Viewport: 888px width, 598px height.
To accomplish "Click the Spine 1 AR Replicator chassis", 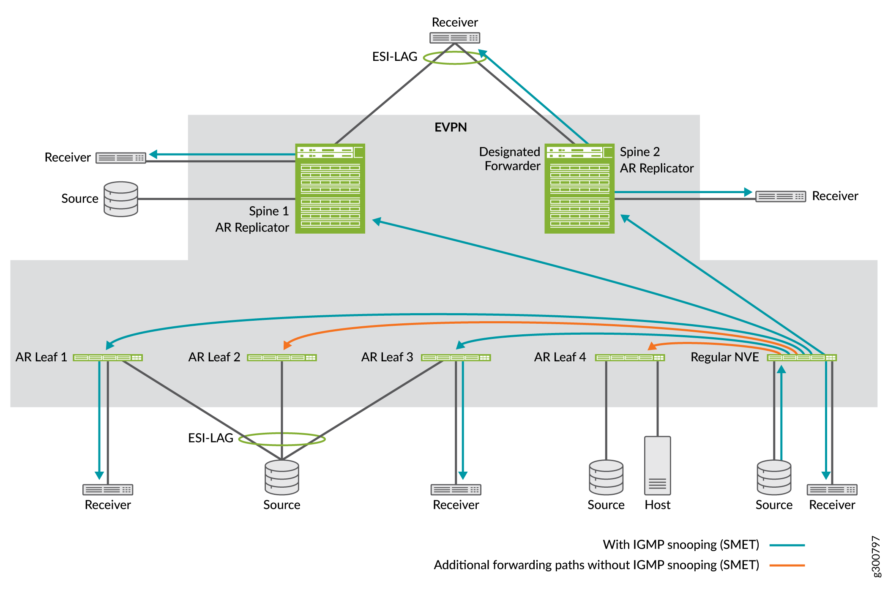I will [x=330, y=188].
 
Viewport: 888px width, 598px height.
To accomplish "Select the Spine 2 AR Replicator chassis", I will [x=579, y=188].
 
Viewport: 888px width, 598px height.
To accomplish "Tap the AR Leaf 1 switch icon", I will [x=108, y=358].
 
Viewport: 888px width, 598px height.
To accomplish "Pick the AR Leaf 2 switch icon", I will [x=281, y=358].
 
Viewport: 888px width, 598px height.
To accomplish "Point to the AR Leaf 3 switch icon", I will [x=456, y=358].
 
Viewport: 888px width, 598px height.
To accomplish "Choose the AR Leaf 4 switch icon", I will [x=630, y=358].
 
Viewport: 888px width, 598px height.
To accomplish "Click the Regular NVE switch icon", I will [x=802, y=358].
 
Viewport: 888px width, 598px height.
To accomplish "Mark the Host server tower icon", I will [x=657, y=465].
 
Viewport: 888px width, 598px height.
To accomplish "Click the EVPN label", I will [x=451, y=128].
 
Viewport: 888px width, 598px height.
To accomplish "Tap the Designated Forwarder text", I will [x=510, y=159].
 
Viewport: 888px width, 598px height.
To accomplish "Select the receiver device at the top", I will [x=455, y=38].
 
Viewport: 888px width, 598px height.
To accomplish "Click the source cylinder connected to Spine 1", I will [x=121, y=199].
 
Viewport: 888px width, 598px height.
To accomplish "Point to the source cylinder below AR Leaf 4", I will [x=606, y=477].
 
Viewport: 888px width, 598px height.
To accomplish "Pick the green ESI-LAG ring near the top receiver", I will [x=455, y=58].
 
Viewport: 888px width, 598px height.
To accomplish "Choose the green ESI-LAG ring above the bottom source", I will [x=282, y=439].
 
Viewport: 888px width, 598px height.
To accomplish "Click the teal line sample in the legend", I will [x=787, y=545].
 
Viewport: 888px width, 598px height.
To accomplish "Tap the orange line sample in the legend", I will [x=787, y=565].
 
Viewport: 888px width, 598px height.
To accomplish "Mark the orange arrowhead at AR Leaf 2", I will [x=287, y=345].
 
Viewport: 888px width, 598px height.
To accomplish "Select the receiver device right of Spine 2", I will [x=780, y=197].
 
